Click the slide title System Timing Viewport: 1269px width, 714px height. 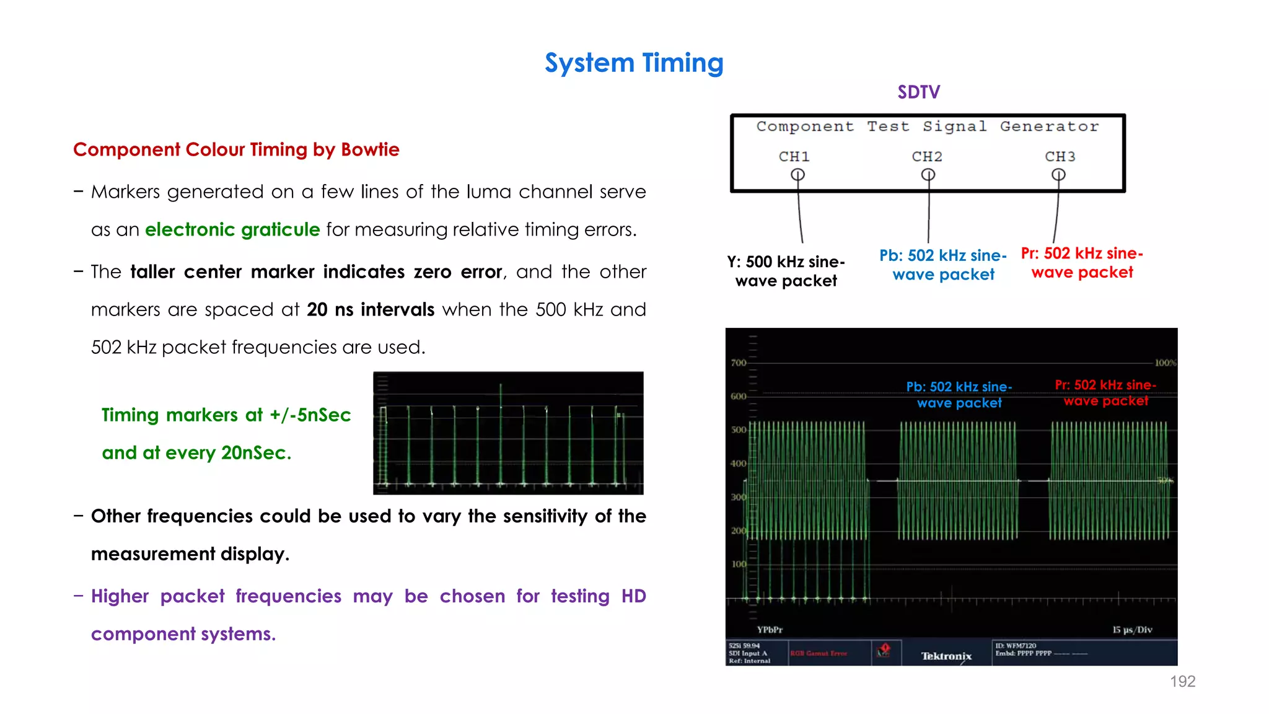(x=634, y=63)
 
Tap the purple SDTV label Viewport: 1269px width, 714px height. (x=918, y=92)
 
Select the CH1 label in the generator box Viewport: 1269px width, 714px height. (x=794, y=157)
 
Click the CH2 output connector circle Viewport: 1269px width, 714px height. (x=928, y=175)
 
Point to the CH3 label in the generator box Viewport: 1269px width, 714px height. (x=1060, y=157)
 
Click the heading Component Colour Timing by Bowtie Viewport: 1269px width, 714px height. (x=236, y=150)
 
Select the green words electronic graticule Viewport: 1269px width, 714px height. (x=232, y=230)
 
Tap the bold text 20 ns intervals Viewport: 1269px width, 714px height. (x=371, y=309)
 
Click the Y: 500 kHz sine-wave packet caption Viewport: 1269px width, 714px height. (x=786, y=271)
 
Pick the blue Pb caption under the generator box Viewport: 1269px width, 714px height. (x=943, y=265)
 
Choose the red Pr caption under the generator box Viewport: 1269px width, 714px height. (x=1082, y=263)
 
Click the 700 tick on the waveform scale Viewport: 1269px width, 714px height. (x=738, y=363)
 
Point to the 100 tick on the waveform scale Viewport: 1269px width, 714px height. (x=739, y=564)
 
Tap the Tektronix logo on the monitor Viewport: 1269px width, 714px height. (x=946, y=656)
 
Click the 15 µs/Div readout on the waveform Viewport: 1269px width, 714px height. (x=1131, y=630)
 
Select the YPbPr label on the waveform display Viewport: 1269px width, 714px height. (x=770, y=630)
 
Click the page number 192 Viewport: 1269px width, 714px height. (x=1182, y=682)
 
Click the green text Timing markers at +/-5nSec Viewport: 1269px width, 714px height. (x=226, y=415)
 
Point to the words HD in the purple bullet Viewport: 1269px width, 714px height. (x=633, y=596)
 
